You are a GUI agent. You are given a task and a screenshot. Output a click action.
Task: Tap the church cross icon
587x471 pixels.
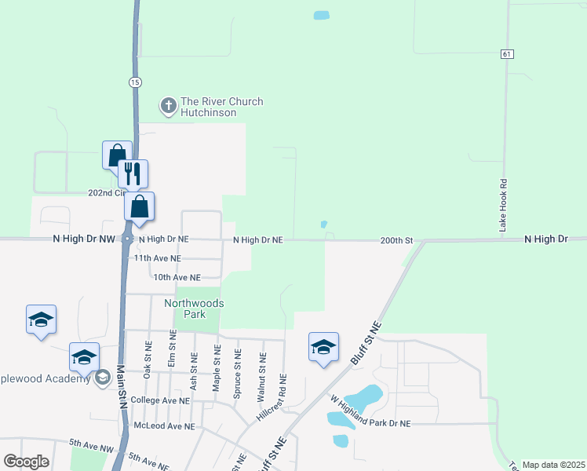click(x=168, y=104)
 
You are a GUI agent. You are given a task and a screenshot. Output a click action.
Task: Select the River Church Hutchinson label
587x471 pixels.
click(x=221, y=107)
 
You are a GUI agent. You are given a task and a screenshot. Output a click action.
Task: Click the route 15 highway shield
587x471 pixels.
click(x=136, y=82)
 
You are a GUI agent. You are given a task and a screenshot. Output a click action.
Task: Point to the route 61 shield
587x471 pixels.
click(x=508, y=53)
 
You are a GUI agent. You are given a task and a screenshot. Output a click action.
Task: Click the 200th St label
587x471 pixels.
click(x=396, y=239)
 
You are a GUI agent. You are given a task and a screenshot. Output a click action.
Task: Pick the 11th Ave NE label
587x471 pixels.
click(x=157, y=257)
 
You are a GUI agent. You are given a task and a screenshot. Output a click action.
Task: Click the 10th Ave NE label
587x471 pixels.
click(x=177, y=277)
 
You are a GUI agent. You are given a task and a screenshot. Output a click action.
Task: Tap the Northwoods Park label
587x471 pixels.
click(x=194, y=309)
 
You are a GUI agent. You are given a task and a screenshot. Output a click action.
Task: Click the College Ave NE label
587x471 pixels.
click(x=161, y=400)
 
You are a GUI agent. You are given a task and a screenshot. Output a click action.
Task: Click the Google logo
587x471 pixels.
click(x=26, y=462)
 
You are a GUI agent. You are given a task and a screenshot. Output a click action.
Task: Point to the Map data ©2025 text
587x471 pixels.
click(x=552, y=465)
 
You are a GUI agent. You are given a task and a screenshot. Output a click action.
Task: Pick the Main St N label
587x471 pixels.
click(x=121, y=385)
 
